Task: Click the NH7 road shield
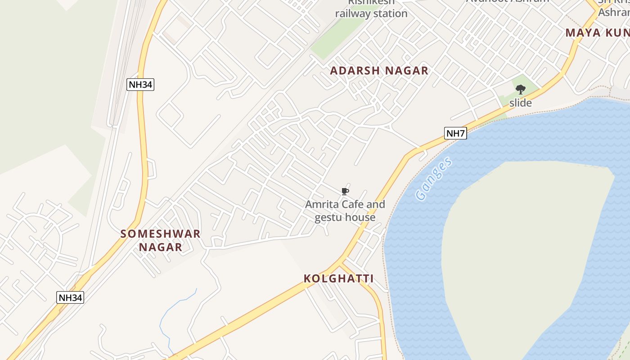[x=455, y=133]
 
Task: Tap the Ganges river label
[x=434, y=179]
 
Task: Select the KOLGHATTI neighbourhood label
[x=338, y=279]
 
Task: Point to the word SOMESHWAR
[x=161, y=234]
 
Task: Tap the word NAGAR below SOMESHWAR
[x=161, y=247]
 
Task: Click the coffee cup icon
[x=345, y=192]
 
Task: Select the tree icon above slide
[x=521, y=90]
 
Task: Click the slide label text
[x=521, y=103]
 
